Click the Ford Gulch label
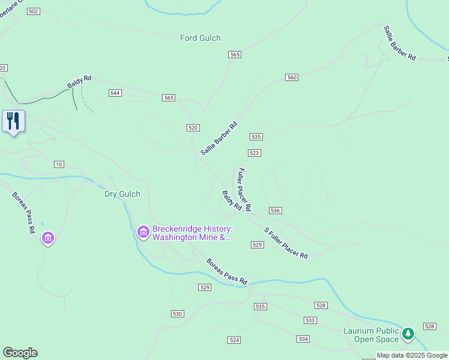(200, 38)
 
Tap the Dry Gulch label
(122, 194)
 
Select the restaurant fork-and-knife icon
(13, 121)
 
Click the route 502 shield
(33, 12)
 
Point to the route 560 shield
(292, 77)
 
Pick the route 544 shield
(115, 93)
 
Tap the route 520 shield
(193, 128)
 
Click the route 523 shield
(254, 153)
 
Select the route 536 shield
(276, 211)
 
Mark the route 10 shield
(58, 164)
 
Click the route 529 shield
(205, 287)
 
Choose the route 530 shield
(177, 314)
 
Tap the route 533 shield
(310, 320)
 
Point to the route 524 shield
(234, 340)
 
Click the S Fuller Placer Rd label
(286, 243)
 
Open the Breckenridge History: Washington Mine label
(191, 233)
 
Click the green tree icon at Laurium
(408, 333)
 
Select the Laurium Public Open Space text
(371, 335)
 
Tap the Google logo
(20, 353)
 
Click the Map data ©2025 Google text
(412, 355)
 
